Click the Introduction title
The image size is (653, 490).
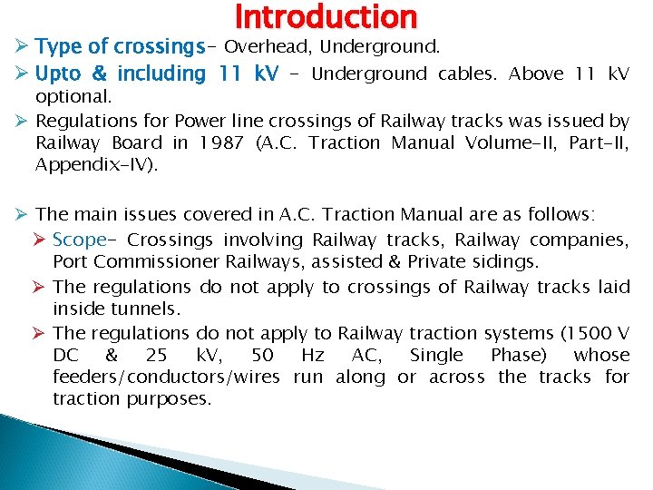326,16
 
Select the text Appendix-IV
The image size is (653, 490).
93,164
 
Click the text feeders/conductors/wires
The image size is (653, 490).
166,377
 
